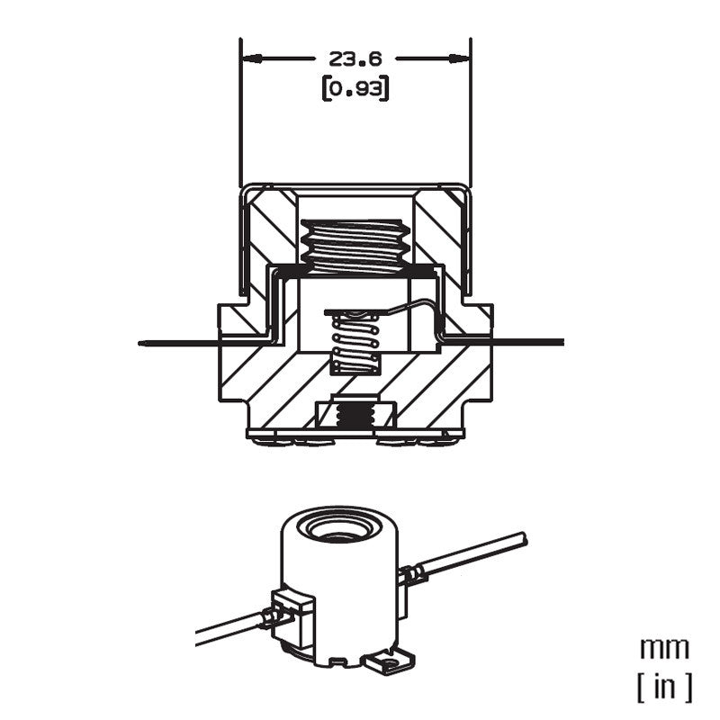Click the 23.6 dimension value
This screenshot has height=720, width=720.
tap(355, 58)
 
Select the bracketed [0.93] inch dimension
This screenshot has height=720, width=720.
tap(355, 88)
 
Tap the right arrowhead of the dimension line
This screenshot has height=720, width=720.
tap(459, 58)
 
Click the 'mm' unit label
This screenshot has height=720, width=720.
tap(664, 648)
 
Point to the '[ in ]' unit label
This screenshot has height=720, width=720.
tap(664, 687)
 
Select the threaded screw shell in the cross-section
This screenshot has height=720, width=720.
tap(355, 246)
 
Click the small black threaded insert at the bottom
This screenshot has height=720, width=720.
tap(355, 416)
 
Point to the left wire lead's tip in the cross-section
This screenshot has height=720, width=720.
tap(139, 343)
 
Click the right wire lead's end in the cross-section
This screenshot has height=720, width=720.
tap(562, 342)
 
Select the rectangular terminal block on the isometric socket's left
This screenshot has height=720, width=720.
tap(293, 616)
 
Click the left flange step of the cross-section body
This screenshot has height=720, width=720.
tap(234, 321)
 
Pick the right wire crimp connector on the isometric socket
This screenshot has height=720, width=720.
tap(412, 574)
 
